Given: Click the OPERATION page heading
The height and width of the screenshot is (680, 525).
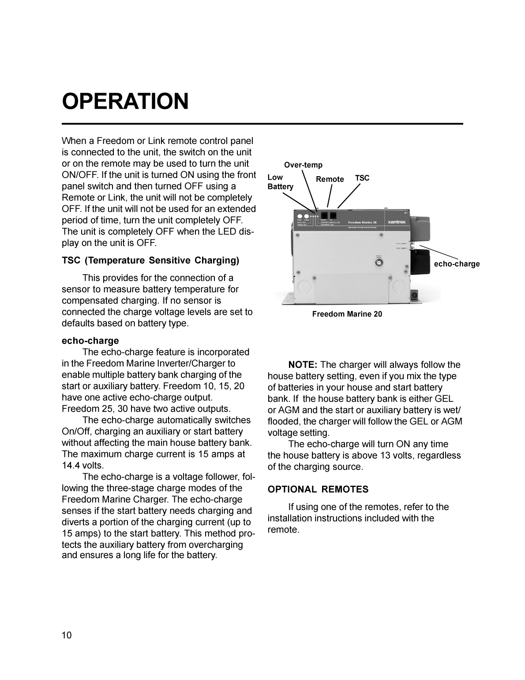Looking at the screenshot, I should click(x=125, y=102).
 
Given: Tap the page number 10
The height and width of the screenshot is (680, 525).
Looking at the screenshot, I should click(x=66, y=635).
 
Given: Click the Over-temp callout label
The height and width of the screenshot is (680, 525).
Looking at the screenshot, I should click(x=303, y=165).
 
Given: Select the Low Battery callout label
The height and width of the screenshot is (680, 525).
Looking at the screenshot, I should click(x=280, y=182).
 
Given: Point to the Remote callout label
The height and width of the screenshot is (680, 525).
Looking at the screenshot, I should click(x=330, y=179).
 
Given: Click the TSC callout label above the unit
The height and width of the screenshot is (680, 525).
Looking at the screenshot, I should click(x=362, y=178).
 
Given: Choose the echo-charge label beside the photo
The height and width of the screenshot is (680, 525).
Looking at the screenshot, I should click(x=457, y=264).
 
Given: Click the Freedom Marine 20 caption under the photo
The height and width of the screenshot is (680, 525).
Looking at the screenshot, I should click(x=347, y=314).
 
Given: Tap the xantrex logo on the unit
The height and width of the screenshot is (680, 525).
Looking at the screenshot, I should click(x=396, y=222).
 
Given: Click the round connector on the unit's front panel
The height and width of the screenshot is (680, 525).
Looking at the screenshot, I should click(x=378, y=263).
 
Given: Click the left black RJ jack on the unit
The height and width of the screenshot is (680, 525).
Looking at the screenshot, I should click(x=324, y=216).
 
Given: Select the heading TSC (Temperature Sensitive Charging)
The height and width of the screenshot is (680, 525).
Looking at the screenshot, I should click(x=150, y=260).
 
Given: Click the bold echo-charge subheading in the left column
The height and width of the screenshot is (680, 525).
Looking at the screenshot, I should click(x=90, y=340).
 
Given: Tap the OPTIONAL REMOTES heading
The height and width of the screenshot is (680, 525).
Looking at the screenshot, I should click(x=318, y=489).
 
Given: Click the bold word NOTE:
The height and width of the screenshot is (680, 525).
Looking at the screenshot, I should click(x=303, y=365).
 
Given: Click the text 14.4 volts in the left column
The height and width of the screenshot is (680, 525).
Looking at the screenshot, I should click(x=83, y=465).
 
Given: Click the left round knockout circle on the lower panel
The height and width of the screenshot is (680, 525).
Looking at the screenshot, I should click(x=304, y=287).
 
